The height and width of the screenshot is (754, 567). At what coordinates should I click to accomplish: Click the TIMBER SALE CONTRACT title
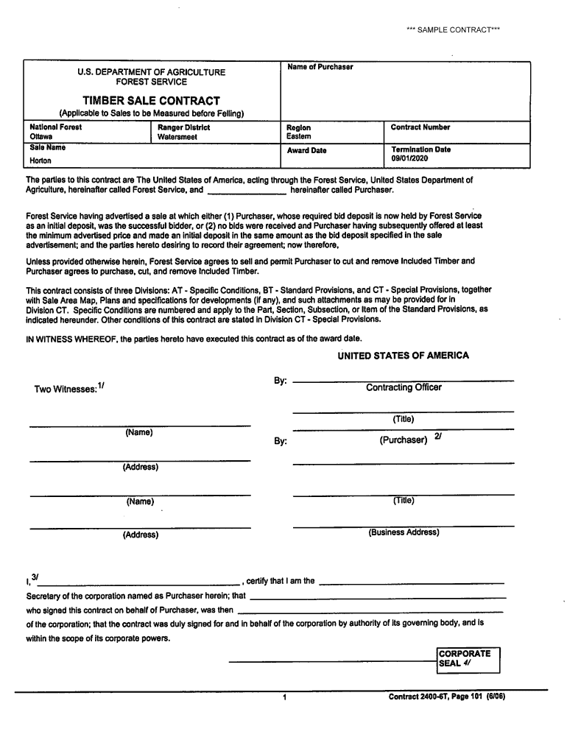151,100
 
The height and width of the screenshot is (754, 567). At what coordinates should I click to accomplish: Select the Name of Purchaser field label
320,67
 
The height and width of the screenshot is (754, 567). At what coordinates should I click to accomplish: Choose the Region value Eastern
299,136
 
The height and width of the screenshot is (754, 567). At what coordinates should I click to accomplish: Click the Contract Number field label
420,127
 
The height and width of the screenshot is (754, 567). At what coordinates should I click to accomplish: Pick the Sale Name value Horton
40,161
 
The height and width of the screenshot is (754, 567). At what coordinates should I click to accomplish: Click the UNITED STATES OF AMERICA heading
403,356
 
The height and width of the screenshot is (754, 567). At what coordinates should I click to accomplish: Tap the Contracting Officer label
404,387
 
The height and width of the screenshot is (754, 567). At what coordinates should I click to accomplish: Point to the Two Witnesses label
68,388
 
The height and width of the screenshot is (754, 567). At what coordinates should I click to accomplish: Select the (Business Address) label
404,532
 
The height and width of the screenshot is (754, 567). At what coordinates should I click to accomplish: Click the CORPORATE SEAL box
468,658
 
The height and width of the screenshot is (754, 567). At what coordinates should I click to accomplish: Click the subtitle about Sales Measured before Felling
151,114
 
